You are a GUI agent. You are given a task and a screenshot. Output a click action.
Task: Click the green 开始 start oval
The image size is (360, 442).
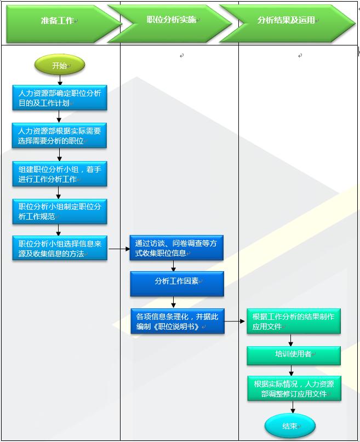(x=60, y=66)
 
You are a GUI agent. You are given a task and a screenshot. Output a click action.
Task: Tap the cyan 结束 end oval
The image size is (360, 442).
(x=290, y=426)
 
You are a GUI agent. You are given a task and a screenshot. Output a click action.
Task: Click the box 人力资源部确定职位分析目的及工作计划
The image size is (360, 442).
(x=60, y=98)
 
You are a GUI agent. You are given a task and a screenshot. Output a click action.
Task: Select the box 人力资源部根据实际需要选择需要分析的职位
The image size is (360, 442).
(x=60, y=136)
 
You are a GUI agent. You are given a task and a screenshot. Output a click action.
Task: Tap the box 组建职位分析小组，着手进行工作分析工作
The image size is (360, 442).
(x=60, y=174)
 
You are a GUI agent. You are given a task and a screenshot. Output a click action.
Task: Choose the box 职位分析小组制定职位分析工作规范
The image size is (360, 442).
(x=60, y=211)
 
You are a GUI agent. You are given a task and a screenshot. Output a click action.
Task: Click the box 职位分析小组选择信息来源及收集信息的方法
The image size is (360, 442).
(x=60, y=248)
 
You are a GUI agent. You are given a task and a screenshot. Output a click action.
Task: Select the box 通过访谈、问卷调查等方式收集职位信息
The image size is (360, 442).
(x=176, y=248)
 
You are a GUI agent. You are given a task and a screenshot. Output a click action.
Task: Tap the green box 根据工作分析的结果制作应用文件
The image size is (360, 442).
(x=293, y=321)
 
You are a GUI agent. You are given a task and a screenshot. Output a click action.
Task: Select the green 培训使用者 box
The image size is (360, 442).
(x=293, y=355)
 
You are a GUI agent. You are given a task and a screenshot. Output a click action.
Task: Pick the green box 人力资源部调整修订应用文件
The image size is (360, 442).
(x=293, y=389)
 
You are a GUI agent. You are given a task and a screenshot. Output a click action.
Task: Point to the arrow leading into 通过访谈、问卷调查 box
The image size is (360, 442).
(x=119, y=249)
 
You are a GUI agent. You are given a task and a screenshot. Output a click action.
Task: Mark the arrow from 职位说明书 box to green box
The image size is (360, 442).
(x=236, y=322)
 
